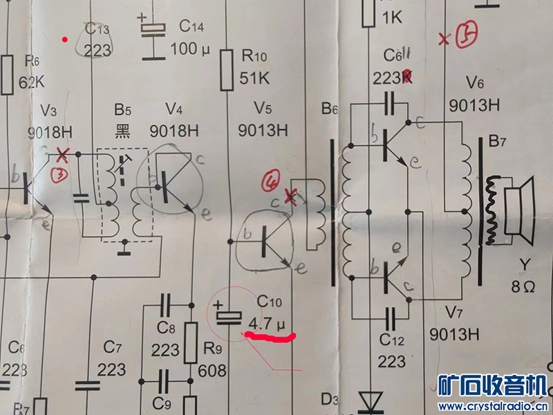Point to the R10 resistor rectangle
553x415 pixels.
[x=226, y=70]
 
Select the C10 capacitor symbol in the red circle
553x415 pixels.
[x=229, y=317]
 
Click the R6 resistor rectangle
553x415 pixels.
[x=8, y=75]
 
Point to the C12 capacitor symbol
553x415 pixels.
[x=391, y=317]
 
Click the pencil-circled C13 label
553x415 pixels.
[x=97, y=40]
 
